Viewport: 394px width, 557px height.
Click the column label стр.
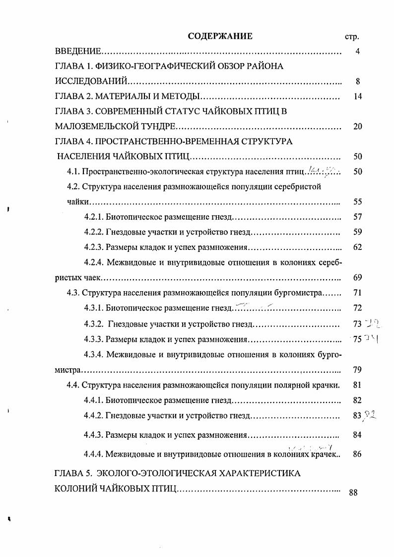pyautogui.click(x=351, y=37)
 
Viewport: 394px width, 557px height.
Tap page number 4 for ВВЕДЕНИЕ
pyautogui.click(x=357, y=52)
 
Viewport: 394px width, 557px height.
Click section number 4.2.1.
pyautogui.click(x=94, y=217)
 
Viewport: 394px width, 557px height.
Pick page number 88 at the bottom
pyautogui.click(x=353, y=492)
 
